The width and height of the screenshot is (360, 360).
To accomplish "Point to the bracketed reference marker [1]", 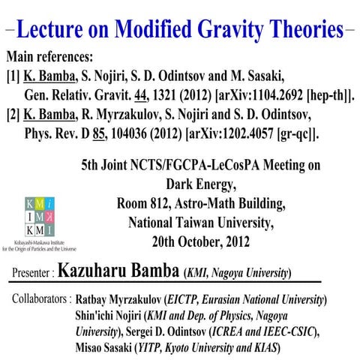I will tap(13, 77).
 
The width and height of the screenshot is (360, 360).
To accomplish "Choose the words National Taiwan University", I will tap(203, 222).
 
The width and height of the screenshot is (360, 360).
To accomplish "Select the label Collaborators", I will tap(42, 299).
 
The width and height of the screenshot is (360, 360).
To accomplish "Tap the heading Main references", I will tap(51, 58).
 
